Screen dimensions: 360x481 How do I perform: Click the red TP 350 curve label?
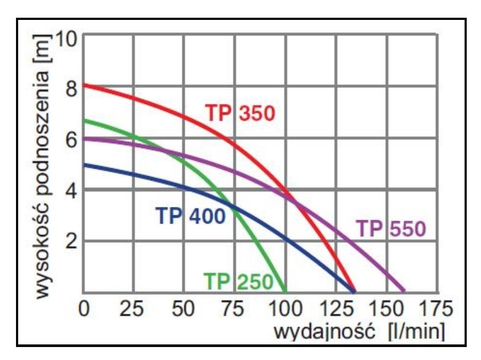click(240, 113)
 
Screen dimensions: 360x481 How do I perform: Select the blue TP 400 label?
click(191, 216)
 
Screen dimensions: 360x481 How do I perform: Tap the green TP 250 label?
click(238, 281)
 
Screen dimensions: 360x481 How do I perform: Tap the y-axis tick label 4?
click(71, 191)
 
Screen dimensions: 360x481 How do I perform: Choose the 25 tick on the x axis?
click(132, 310)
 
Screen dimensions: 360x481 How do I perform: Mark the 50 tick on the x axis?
click(184, 310)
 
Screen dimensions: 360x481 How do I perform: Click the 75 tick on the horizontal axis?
click(234, 310)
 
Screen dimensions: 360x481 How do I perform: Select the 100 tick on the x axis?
click(285, 310)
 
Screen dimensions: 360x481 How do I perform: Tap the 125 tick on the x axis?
click(336, 310)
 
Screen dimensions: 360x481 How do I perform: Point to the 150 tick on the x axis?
click(387, 310)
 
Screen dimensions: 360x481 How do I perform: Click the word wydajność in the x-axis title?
click(324, 332)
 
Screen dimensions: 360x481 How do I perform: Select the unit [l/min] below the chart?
click(416, 332)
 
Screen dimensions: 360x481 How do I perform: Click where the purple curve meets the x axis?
click(405, 292)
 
